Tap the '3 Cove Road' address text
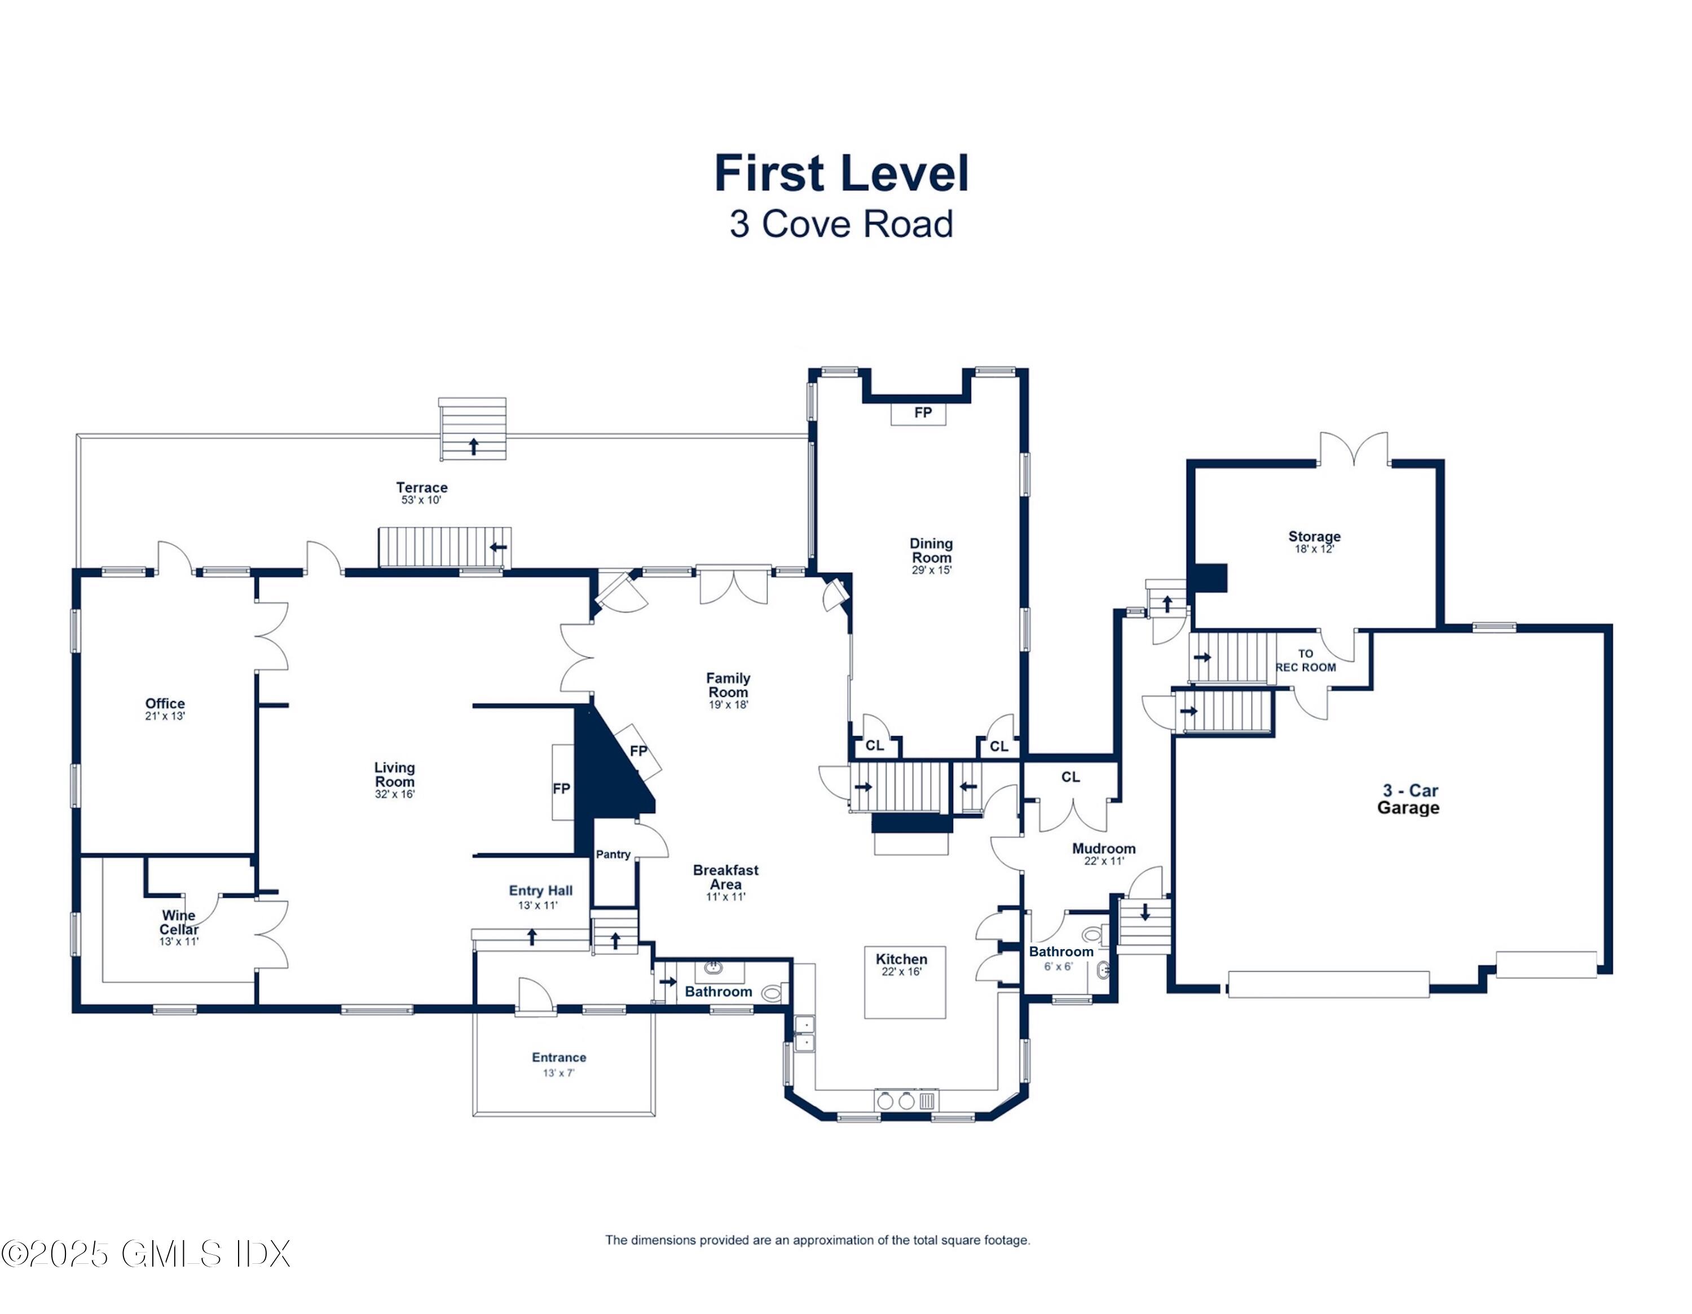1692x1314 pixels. (x=841, y=224)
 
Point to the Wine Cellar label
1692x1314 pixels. (x=179, y=922)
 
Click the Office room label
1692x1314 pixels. (x=165, y=703)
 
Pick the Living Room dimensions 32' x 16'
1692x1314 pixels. (x=395, y=794)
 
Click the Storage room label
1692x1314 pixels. (x=1314, y=536)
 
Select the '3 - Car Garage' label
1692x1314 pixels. (x=1408, y=799)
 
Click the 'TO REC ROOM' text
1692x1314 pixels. (x=1306, y=660)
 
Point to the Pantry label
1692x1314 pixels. (x=613, y=854)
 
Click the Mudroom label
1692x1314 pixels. (x=1103, y=848)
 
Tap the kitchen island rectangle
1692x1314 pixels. (x=905, y=982)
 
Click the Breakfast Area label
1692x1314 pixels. (x=726, y=877)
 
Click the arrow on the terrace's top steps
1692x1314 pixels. (x=473, y=446)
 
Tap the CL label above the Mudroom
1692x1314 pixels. (x=1070, y=777)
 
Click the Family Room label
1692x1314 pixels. (x=728, y=685)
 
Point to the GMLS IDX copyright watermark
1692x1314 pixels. (x=146, y=1254)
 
